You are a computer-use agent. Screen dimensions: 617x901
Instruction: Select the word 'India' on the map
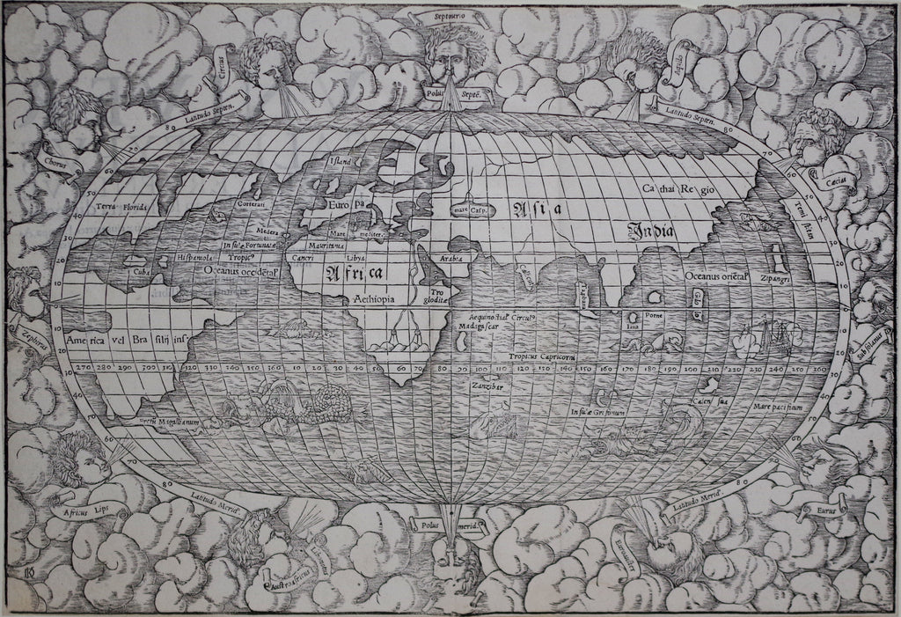[650, 231]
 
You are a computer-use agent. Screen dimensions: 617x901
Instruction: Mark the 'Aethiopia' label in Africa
[374, 299]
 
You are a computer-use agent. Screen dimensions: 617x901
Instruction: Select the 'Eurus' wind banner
[817, 506]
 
